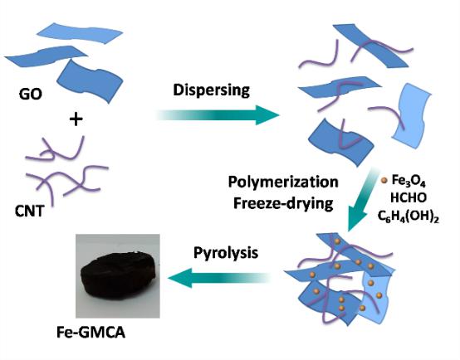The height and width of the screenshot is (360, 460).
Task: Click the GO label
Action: [30, 95]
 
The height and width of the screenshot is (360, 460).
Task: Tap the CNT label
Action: [30, 211]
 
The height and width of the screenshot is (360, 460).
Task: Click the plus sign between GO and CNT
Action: [76, 119]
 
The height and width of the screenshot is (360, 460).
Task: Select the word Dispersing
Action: [211, 90]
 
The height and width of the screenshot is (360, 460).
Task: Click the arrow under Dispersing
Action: [218, 115]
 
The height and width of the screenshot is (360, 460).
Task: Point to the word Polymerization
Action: [283, 182]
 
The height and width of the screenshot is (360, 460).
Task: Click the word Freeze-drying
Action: [283, 203]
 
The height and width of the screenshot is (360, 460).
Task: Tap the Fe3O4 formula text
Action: [409, 181]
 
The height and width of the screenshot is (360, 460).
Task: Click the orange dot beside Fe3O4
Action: [384, 181]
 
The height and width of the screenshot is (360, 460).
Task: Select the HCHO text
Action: [408, 198]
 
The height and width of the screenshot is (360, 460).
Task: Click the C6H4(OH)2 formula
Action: [408, 217]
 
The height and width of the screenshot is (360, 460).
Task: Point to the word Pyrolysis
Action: [226, 253]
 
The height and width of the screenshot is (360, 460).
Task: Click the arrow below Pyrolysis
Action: [219, 278]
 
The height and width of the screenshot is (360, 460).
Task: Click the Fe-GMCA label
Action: [91, 333]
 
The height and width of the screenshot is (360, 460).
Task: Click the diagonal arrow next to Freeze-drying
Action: [361, 199]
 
